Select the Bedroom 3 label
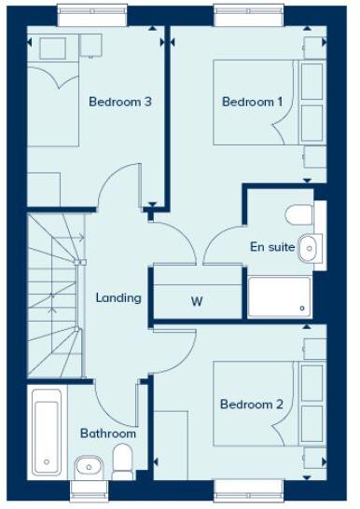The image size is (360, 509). click(120, 102)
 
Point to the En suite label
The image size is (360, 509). click(272, 247)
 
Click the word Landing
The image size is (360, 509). click(118, 298)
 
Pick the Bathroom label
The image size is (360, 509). click(107, 433)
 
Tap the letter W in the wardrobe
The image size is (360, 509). click(197, 302)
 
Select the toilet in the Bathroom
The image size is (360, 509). click(123, 460)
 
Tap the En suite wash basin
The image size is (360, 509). click(310, 247)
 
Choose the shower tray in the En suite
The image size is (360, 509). click(279, 296)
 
